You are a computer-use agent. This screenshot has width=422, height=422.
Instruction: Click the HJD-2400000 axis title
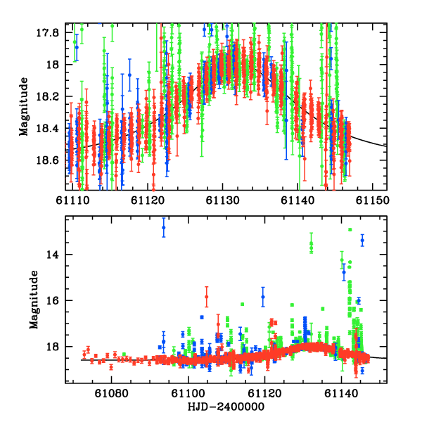[226, 407]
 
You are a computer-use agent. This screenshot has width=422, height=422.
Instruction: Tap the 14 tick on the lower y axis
[54, 255]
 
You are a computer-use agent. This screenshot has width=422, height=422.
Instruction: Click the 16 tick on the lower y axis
[54, 300]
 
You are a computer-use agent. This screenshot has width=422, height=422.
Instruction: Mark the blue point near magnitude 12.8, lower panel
[164, 227]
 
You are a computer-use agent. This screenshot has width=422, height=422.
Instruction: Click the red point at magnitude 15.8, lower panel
[207, 296]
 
